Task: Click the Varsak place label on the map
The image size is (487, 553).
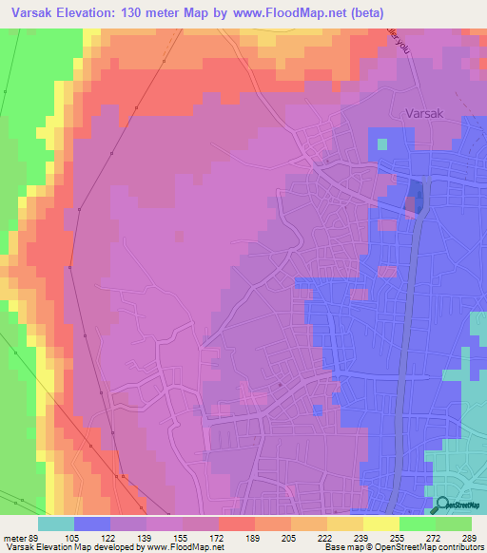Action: coord(424,110)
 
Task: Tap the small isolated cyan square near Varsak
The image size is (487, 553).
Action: coord(382,144)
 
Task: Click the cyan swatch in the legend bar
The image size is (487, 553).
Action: coord(55,524)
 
